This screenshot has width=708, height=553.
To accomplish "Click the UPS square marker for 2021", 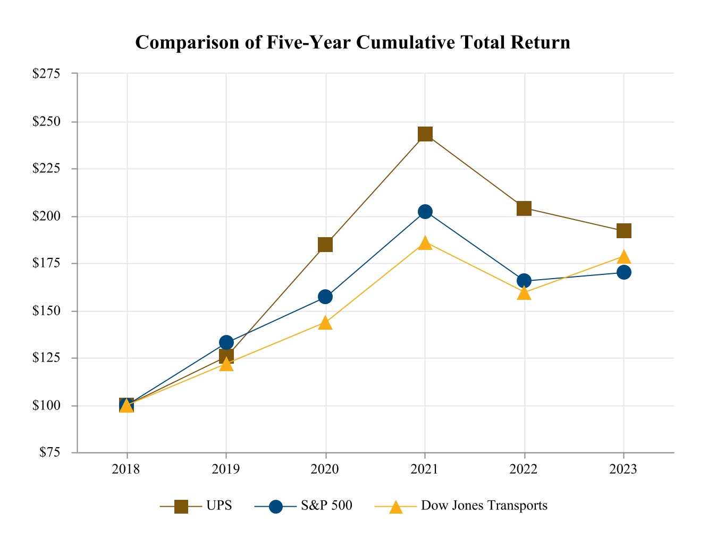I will [425, 134].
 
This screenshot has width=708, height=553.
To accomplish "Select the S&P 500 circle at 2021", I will [425, 212].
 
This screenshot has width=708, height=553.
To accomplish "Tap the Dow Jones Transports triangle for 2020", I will [325, 323].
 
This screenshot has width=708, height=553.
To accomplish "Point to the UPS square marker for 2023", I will [623, 231].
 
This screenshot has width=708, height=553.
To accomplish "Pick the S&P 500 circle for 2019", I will [226, 342].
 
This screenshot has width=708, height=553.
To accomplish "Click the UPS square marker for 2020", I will [325, 245].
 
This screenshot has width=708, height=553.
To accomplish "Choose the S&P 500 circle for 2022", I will [524, 281].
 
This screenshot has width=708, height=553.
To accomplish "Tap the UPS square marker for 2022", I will [524, 208].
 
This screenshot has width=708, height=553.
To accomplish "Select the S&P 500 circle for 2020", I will [325, 297].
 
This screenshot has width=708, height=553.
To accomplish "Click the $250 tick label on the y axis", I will [46, 122].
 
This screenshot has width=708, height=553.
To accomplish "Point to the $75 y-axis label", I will [49, 453].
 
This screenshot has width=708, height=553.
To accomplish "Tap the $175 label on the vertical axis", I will [46, 264].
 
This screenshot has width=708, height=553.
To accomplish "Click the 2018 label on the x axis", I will [127, 469].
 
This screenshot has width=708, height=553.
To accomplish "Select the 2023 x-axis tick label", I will [623, 469].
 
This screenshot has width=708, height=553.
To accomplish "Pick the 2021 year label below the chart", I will [425, 469].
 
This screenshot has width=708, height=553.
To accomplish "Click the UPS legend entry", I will [219, 506].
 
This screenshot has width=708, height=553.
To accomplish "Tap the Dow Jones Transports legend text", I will [484, 506].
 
